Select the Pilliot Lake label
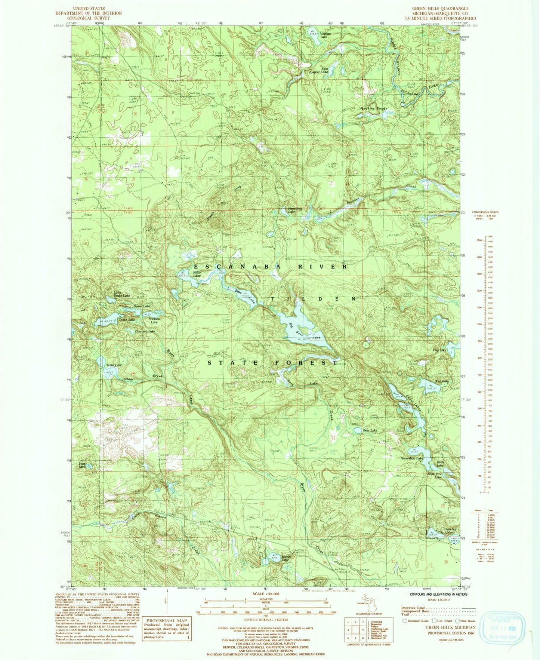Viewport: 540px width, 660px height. point(197,274)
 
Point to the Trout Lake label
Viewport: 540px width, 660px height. point(114,365)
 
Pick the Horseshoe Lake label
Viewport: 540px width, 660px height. point(411,458)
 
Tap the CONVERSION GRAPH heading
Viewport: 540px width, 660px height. point(485,212)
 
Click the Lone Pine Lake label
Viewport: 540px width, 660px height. point(435,475)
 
